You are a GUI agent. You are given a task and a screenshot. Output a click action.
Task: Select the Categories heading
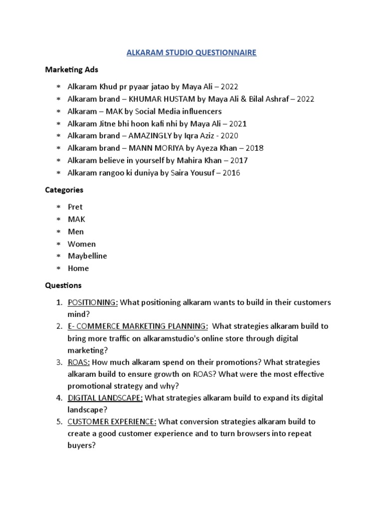click(x=64, y=190)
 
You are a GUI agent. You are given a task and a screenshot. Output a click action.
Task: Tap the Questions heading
click(x=63, y=285)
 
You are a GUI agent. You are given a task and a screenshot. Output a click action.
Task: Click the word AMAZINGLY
click(x=154, y=135)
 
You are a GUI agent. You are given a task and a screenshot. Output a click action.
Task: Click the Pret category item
click(x=75, y=207)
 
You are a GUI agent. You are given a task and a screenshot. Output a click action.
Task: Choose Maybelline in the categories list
click(x=87, y=256)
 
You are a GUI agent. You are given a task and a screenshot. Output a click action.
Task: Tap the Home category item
click(x=78, y=268)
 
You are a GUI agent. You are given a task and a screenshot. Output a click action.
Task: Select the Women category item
click(x=82, y=244)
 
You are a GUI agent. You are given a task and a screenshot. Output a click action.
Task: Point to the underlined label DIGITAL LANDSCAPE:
click(x=105, y=398)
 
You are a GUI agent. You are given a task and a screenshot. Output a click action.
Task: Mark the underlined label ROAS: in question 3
click(x=78, y=362)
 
